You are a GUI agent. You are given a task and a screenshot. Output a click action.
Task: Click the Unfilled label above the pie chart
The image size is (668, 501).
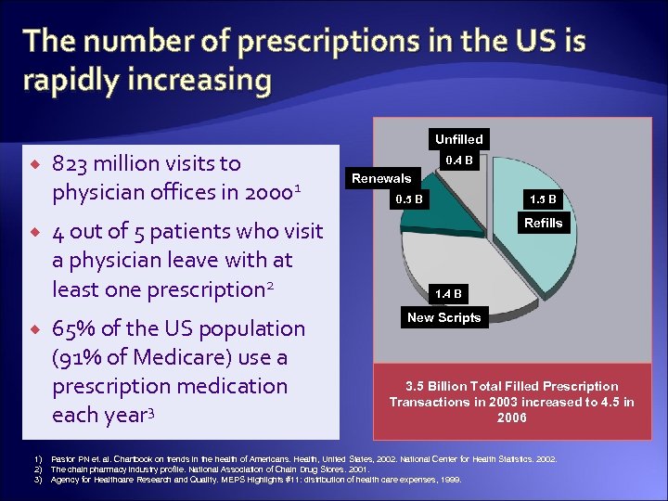458,139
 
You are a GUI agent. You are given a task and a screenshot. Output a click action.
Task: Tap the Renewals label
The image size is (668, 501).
380,178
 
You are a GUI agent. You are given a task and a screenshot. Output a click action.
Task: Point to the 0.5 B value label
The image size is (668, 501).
408,199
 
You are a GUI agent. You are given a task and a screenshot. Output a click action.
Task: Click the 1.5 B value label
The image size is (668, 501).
543,199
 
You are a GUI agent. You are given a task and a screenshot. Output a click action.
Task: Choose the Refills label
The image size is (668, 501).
543,223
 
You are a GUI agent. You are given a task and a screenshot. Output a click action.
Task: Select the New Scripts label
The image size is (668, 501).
443,317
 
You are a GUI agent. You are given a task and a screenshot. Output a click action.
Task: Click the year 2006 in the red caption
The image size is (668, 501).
511,417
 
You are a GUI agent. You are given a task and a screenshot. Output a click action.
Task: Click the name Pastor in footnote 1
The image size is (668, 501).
62,459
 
